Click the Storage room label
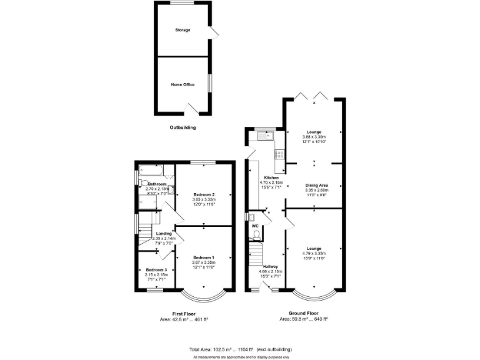point(182,30)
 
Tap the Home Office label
point(182,84)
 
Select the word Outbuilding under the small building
point(182,127)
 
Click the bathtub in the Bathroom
point(150,169)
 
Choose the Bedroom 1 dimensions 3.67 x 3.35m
point(204,262)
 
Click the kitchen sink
point(270,135)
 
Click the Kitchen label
point(270,177)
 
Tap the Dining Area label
point(316,186)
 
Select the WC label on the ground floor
point(255,226)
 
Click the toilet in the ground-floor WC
point(256,236)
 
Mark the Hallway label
point(271,267)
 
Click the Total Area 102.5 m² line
point(240,349)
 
